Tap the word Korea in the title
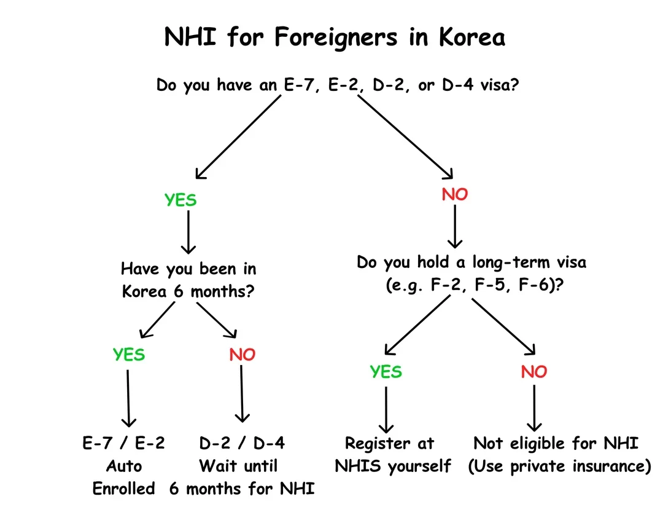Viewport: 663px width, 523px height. [x=472, y=37]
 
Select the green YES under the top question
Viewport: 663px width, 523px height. [x=180, y=200]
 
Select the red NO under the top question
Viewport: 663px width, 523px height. [x=455, y=195]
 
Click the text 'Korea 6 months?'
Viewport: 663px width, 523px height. [x=188, y=291]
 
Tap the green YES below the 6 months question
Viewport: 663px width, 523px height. [x=129, y=355]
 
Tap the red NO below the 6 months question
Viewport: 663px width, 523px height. [x=242, y=355]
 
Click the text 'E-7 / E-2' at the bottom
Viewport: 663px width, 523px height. [x=124, y=443]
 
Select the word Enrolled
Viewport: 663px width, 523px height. [x=124, y=489]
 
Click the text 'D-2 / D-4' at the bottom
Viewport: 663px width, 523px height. [x=242, y=443]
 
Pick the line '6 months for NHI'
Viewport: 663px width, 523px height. [x=242, y=489]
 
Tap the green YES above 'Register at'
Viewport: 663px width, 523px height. [x=386, y=372]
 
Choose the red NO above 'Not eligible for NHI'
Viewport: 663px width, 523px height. [x=533, y=372]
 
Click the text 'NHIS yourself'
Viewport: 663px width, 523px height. [x=393, y=466]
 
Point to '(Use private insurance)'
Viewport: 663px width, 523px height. [x=559, y=466]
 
